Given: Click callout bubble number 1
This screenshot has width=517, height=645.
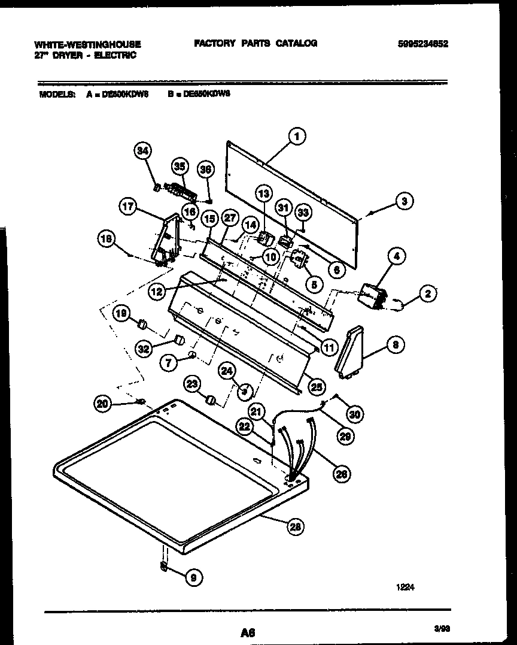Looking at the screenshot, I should [x=296, y=136].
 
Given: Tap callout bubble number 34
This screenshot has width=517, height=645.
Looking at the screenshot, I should [x=141, y=152].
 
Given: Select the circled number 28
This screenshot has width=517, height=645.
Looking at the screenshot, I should [x=294, y=527].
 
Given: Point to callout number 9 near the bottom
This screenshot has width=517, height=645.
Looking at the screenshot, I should [x=193, y=577].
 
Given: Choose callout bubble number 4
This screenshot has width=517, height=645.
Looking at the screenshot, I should [x=396, y=257].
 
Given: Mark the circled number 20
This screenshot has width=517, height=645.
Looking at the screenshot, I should [x=102, y=404].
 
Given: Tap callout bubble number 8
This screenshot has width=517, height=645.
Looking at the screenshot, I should [x=396, y=344].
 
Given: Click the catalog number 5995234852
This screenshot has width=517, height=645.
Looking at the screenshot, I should [x=422, y=44].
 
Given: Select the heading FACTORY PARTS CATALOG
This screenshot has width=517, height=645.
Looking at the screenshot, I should [x=255, y=43].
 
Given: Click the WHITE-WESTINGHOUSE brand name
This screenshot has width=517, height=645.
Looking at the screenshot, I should [x=87, y=44].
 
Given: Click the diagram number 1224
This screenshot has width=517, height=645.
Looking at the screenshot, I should [x=405, y=588].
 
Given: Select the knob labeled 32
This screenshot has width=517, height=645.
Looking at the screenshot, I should [x=178, y=341].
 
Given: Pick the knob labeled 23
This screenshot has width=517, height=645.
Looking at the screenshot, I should [x=211, y=399].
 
